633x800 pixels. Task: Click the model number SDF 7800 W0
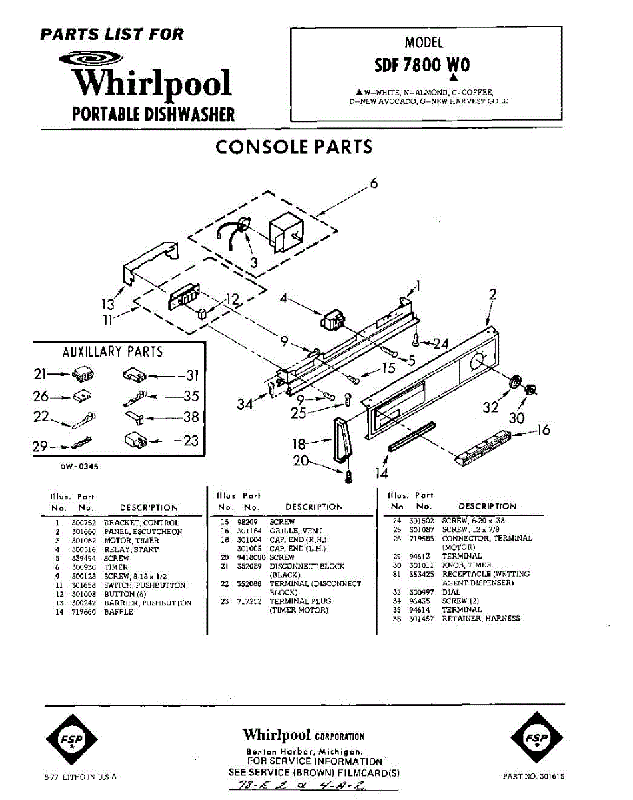click(422, 65)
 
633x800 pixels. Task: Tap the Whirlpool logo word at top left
click(152, 83)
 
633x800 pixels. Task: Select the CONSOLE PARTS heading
click(293, 147)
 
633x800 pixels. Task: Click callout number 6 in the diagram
click(374, 183)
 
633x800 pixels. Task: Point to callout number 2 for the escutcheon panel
click(492, 294)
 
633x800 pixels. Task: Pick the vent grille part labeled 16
click(484, 448)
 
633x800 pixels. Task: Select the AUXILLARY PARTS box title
click(113, 351)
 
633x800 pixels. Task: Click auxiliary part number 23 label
click(191, 441)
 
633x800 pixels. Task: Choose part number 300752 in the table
click(83, 523)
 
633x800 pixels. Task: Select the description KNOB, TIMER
click(466, 565)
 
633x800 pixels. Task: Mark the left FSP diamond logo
click(71, 738)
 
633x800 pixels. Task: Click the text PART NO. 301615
click(536, 776)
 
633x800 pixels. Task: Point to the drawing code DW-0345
click(79, 467)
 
